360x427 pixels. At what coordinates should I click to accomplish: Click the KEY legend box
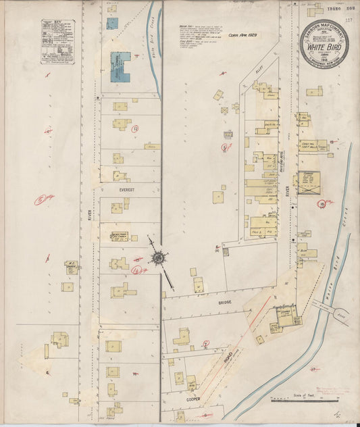pos(57,41)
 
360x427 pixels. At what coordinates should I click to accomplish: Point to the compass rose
pos(159,257)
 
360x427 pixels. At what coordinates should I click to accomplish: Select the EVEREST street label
pos(127,191)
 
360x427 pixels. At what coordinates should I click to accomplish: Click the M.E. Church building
pos(71,266)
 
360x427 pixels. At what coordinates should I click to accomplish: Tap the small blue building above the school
pos(111,23)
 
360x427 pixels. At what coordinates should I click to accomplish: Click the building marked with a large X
pos(309,183)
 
